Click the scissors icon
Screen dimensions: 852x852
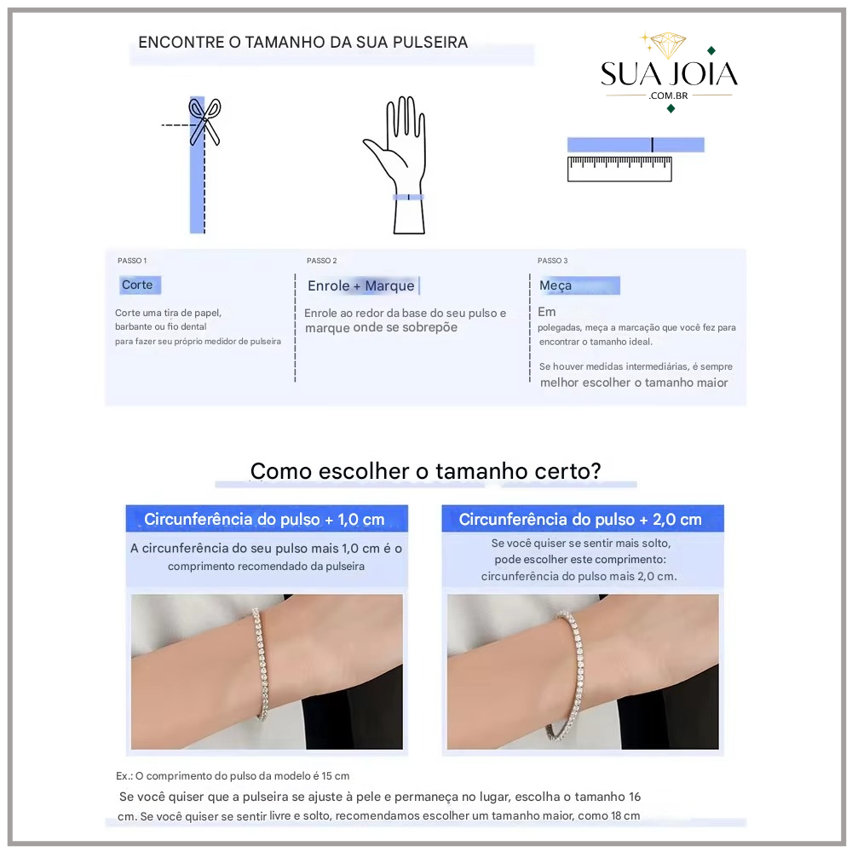(204, 121)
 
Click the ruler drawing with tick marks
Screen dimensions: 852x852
(619, 169)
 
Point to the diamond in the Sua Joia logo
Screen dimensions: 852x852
(668, 46)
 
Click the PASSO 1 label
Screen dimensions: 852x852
(132, 261)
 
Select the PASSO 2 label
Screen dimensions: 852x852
(322, 261)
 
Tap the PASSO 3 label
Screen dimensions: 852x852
(553, 261)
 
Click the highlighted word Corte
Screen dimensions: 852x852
(137, 285)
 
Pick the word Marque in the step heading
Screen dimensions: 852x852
(389, 285)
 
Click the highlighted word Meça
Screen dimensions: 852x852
(556, 285)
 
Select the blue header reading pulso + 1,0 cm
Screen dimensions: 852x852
(267, 519)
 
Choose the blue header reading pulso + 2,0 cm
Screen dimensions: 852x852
(583, 519)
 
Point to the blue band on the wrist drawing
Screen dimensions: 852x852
(408, 198)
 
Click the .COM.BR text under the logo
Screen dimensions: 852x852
(668, 95)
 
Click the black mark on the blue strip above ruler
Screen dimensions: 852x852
(652, 145)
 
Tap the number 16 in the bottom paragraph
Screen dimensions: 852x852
(635, 797)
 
